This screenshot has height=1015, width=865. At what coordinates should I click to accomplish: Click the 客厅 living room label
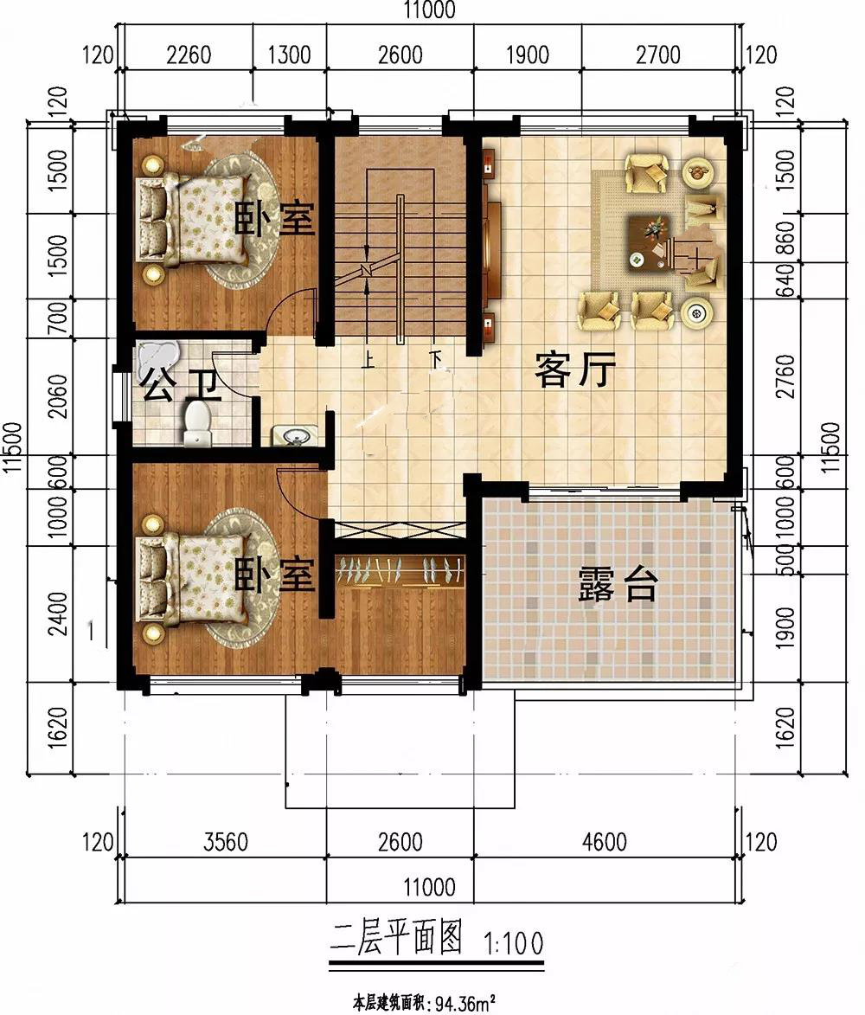tap(574, 372)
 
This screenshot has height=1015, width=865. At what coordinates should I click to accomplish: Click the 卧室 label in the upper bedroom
tap(274, 220)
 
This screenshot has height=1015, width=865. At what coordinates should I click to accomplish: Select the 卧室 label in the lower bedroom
tap(274, 574)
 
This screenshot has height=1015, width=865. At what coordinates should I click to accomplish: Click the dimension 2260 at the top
tap(189, 55)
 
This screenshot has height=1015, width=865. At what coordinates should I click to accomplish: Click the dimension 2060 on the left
tap(57, 396)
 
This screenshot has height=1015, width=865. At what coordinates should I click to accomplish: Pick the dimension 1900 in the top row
tap(526, 55)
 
